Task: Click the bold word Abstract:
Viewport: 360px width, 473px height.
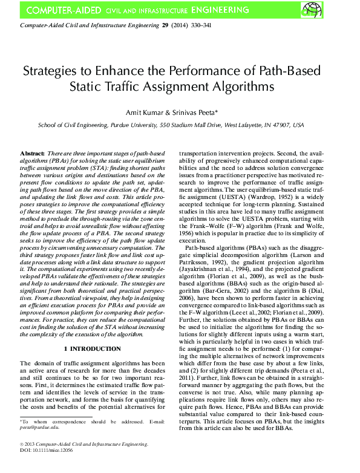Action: click(32, 155)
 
